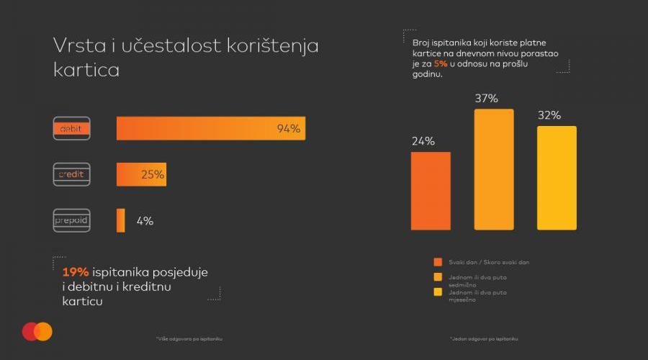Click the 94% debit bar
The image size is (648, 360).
(x=210, y=128)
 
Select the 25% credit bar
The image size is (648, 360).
(x=141, y=174)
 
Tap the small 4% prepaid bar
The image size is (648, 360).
(x=121, y=220)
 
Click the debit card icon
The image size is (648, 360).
(x=71, y=128)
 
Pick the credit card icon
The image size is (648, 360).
(x=71, y=174)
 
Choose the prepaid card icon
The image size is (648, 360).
(x=71, y=220)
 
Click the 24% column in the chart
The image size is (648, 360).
(x=431, y=191)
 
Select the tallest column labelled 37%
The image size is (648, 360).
(x=494, y=169)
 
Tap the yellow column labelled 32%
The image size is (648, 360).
(x=557, y=178)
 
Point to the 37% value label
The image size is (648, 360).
(x=487, y=99)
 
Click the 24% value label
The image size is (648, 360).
(x=423, y=141)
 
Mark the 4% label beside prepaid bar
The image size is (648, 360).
(x=145, y=221)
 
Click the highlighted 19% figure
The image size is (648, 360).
(x=76, y=272)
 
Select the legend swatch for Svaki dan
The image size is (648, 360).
(x=437, y=262)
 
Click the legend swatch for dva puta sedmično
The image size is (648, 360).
(x=437, y=276)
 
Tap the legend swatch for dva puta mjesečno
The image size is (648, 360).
(x=437, y=292)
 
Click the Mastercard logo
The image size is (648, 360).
(x=37, y=331)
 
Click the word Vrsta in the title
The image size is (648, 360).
(x=76, y=45)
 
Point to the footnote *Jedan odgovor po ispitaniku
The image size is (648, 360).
(x=483, y=338)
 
